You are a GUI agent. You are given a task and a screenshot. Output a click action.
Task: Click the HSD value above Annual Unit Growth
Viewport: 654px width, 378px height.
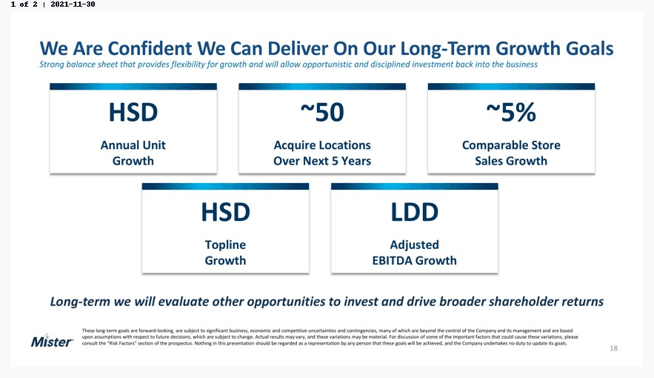click(133, 112)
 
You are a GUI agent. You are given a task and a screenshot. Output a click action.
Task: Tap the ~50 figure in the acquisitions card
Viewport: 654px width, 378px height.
click(322, 112)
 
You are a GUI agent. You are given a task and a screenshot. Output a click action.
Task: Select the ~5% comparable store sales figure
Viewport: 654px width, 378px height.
click(511, 112)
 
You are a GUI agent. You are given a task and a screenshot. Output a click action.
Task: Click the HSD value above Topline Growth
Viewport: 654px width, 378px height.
click(225, 212)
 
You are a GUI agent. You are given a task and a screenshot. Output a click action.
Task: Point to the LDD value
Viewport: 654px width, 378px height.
click(414, 212)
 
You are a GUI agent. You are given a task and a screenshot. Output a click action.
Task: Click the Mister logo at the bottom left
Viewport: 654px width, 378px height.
click(52, 341)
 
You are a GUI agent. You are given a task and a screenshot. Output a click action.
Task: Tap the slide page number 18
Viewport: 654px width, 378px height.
click(613, 348)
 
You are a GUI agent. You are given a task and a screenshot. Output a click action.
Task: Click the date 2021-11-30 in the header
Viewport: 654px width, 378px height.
click(73, 4)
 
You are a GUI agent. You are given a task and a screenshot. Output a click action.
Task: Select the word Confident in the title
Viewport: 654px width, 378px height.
click(150, 48)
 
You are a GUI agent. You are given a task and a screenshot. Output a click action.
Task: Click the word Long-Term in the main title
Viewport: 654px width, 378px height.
click(445, 49)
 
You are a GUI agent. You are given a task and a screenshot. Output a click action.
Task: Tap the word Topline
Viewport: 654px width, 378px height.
click(225, 245)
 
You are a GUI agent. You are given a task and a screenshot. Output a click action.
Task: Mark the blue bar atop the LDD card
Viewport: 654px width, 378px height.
click(415, 187)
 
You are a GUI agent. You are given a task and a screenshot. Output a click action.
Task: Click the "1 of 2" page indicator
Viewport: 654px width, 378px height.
click(24, 4)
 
